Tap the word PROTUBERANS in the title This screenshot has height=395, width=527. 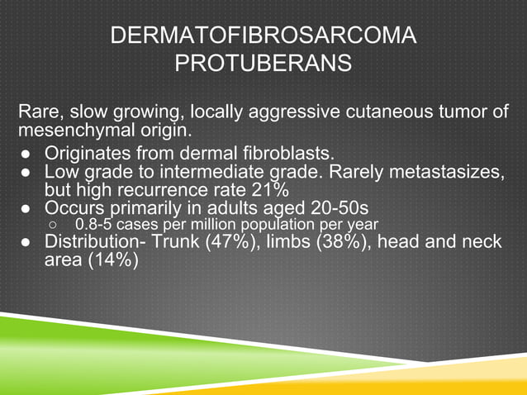point(263,63)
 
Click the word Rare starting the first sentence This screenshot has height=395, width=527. point(40,112)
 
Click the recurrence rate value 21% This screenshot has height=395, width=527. point(266,189)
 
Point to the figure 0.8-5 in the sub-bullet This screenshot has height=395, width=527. point(93,224)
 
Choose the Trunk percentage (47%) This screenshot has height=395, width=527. point(225,242)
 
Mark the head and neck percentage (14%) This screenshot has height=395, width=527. point(109,259)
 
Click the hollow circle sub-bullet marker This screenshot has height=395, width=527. point(53,225)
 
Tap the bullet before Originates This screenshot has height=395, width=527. point(27,154)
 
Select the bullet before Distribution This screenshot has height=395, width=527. point(27,243)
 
